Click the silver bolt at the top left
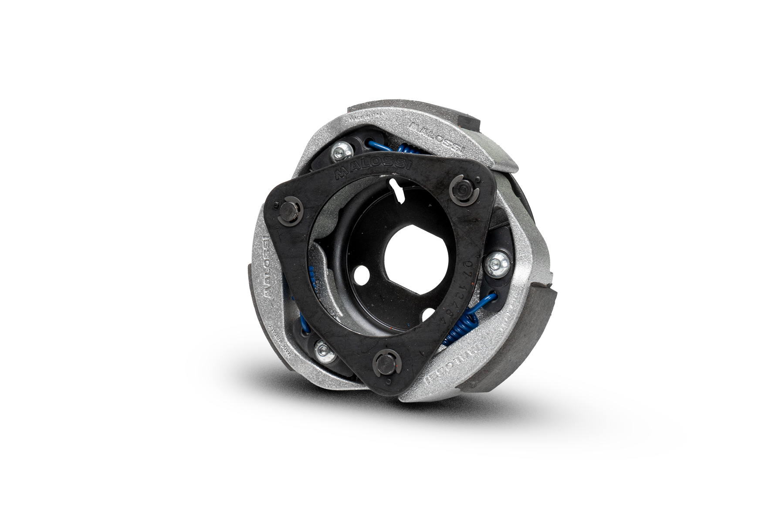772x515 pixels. click(x=338, y=152)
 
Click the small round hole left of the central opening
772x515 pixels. click(x=359, y=277)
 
